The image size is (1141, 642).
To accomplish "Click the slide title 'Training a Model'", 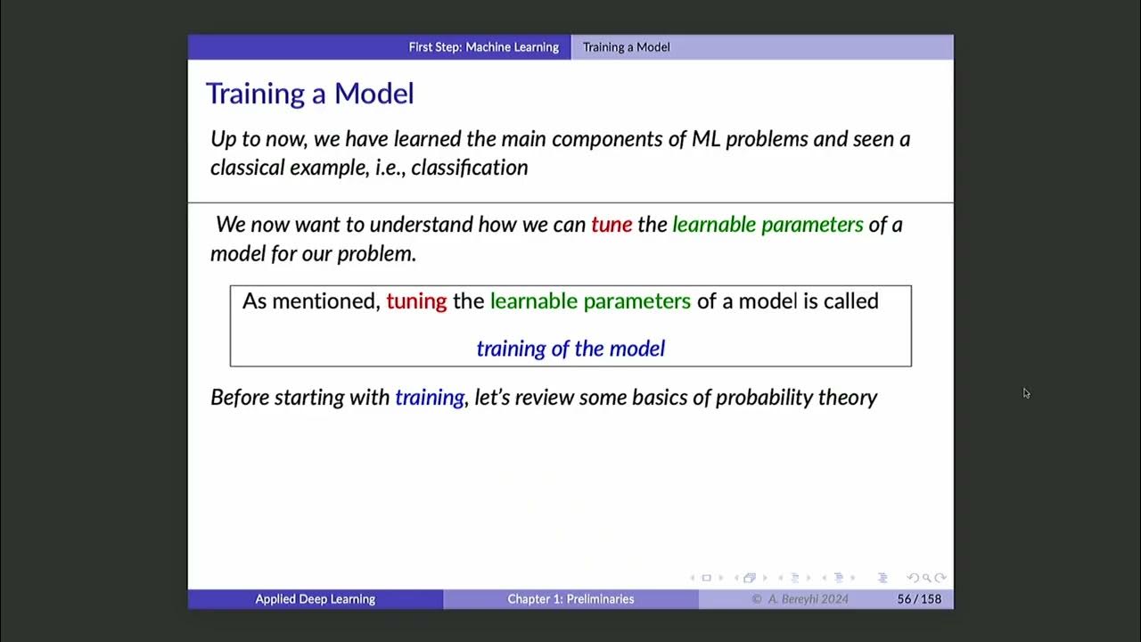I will coord(309,94).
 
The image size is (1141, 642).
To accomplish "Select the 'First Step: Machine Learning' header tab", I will coord(483,47).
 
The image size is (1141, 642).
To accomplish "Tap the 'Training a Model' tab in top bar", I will coord(626,47).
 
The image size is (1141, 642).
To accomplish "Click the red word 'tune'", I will coord(611,225).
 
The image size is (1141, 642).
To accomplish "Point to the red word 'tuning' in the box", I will coord(416,301).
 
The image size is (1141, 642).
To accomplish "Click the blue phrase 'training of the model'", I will coord(570,349).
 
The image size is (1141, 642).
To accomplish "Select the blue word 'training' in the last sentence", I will coord(430,398).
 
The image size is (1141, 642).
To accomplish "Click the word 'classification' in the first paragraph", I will coord(469,168).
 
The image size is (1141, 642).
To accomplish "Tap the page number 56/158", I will coord(919,599).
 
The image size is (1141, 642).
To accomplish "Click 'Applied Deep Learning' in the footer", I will coord(315,599).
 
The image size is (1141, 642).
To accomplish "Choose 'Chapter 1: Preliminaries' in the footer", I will coord(570,599).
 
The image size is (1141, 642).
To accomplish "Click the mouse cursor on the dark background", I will coord(1026,393).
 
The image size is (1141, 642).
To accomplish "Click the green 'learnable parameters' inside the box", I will coord(590,301).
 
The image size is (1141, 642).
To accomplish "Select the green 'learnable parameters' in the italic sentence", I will coord(768,225).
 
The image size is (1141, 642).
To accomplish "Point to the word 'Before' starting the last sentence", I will coord(240,398).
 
